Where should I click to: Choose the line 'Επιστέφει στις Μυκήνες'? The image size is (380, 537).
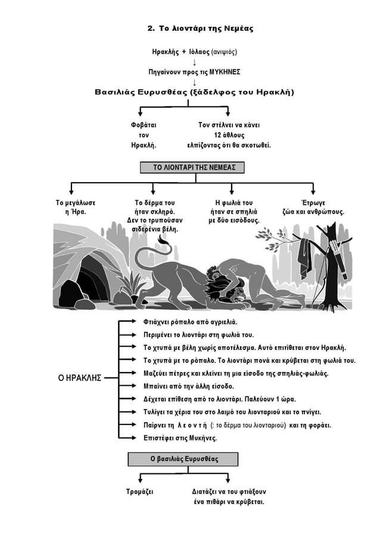click(180, 438)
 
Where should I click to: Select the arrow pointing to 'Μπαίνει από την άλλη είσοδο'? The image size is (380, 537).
click(130, 386)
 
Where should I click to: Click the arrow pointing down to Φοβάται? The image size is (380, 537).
click(140, 114)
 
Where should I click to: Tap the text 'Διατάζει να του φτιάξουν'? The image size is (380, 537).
click(229, 492)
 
